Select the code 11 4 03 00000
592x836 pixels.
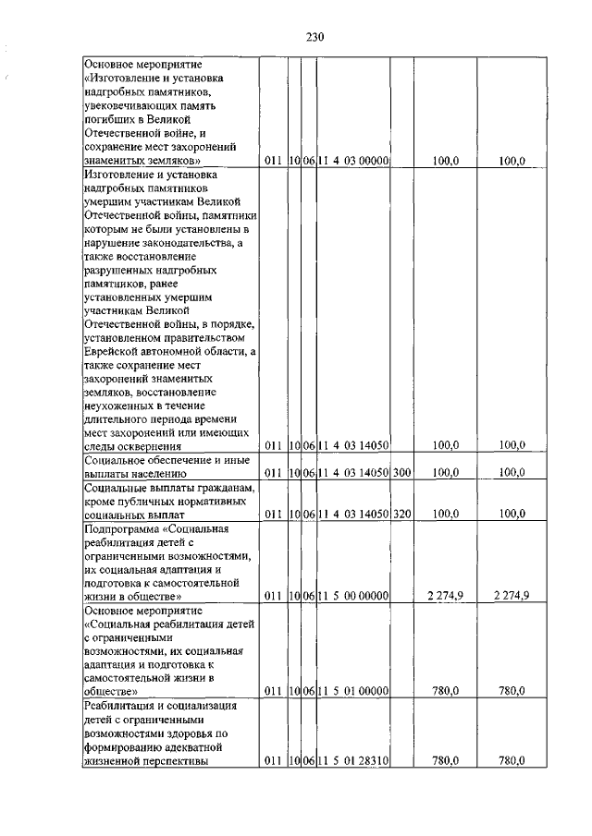(x=352, y=161)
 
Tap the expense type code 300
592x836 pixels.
(x=401, y=473)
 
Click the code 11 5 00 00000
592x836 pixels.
(x=352, y=596)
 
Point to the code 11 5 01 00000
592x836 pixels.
(x=352, y=690)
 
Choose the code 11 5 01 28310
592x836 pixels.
(x=352, y=761)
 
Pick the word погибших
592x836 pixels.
(x=111, y=119)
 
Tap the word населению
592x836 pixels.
(x=151, y=473)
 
